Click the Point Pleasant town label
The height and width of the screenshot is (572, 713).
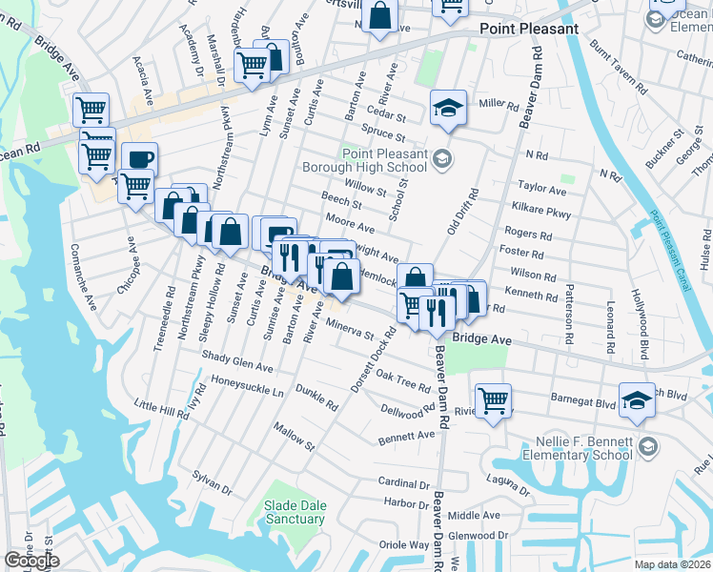tap(529, 29)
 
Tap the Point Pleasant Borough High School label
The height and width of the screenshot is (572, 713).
tap(387, 160)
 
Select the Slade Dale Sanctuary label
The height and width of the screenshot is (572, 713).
tap(295, 512)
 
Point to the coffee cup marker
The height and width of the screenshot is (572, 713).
tap(139, 159)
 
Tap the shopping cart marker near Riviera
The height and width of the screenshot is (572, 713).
tap(493, 400)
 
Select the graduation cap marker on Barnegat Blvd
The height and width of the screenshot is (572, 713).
tap(637, 400)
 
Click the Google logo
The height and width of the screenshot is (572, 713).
tap(31, 561)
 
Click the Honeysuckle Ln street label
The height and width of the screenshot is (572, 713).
tap(247, 388)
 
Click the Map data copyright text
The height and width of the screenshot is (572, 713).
tap(670, 564)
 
